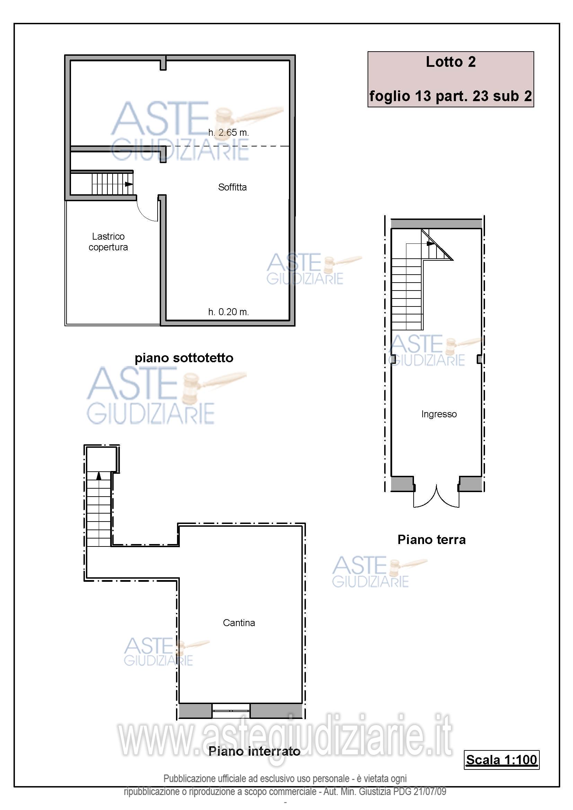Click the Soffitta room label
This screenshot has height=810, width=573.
click(232, 187)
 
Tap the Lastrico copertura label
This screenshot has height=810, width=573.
click(108, 242)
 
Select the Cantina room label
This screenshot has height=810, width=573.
click(239, 623)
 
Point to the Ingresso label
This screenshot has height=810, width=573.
click(439, 414)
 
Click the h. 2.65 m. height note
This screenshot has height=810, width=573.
click(229, 133)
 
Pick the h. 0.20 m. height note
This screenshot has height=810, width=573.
click(229, 312)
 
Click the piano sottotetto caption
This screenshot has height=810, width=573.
click(184, 358)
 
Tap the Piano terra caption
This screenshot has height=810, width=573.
click(432, 540)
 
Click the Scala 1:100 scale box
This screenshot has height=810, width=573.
click(502, 759)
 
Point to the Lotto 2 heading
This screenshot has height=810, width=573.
click(451, 62)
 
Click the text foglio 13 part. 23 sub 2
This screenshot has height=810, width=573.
click(451, 96)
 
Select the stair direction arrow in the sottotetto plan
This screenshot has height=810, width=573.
click(129, 184)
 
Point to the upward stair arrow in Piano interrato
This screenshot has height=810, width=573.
click(99, 476)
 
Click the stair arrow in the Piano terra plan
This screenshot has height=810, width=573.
click(431, 243)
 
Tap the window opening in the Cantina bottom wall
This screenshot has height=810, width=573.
click(231, 711)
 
